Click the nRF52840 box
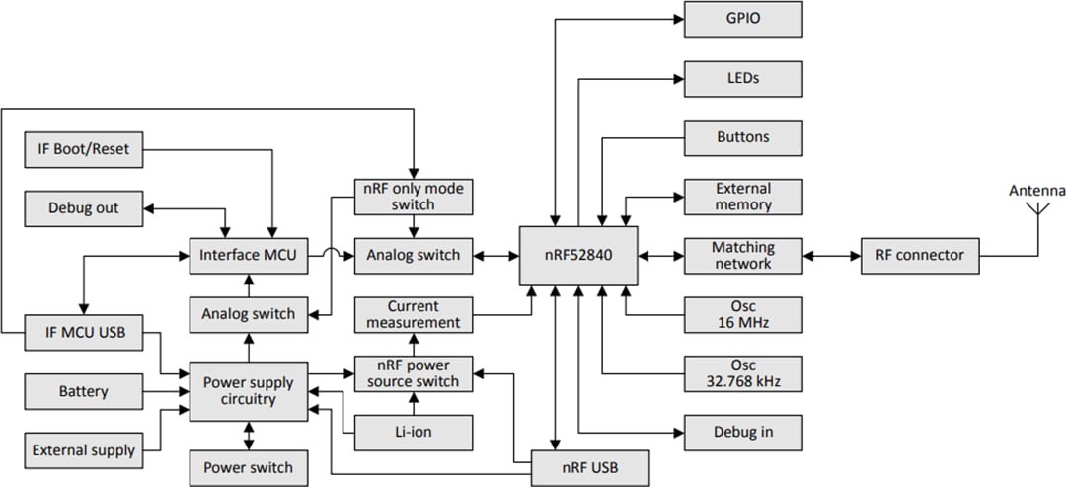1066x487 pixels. pos(579,256)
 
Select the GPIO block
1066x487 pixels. pos(742,19)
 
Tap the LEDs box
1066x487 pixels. pos(742,77)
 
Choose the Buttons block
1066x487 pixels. pos(742,136)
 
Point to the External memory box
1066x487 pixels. pos(742,197)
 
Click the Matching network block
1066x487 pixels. pos(742,256)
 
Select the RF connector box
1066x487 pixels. pos(919,256)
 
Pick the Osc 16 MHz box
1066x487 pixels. pos(742,315)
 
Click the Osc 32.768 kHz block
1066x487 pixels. pos(742,373)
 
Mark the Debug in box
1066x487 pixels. pos(742,432)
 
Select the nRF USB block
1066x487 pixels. pos(590,465)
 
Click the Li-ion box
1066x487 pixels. pos(414,432)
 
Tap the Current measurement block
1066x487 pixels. pos(414,314)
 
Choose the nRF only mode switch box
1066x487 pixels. pos(414,197)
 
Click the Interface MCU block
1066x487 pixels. pos(248,256)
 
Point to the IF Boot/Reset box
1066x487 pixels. pos(83,150)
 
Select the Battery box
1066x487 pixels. pos(83,392)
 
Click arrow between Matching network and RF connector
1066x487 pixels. pos(831,256)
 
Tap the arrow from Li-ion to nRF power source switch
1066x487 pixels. pos(414,403)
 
